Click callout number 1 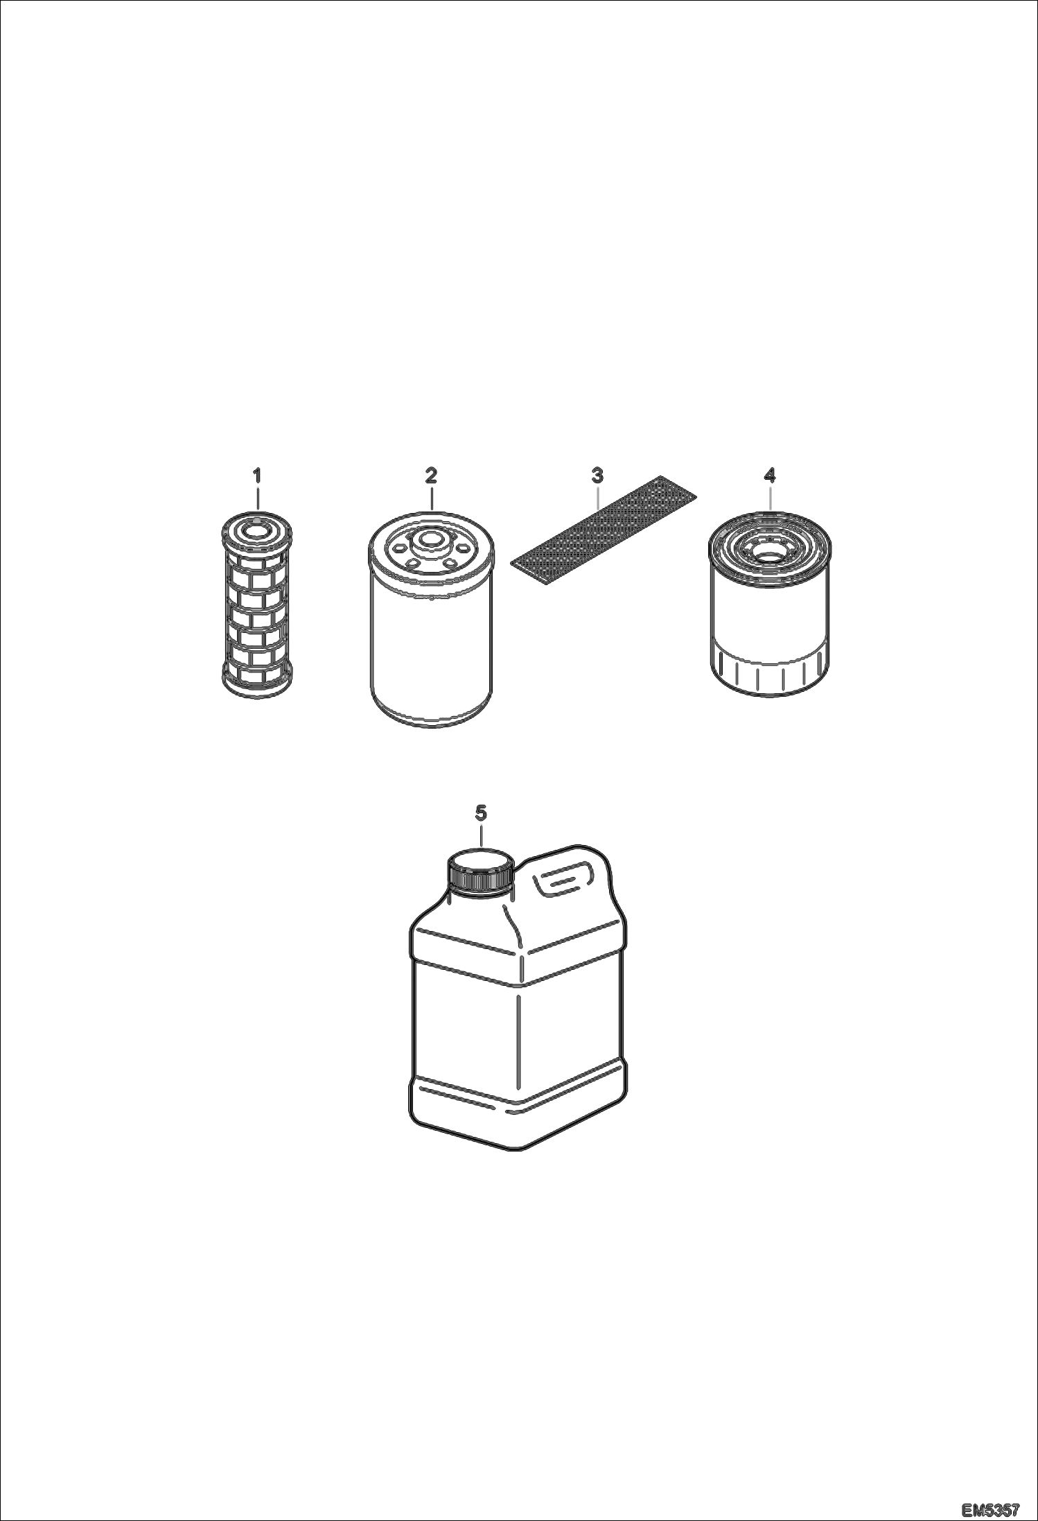(257, 476)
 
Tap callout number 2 (431, 476)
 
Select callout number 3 (597, 476)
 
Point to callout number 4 (770, 476)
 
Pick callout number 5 (482, 812)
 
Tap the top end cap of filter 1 (257, 530)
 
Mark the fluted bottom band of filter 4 (770, 671)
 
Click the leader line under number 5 (482, 835)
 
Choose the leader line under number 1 (257, 499)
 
